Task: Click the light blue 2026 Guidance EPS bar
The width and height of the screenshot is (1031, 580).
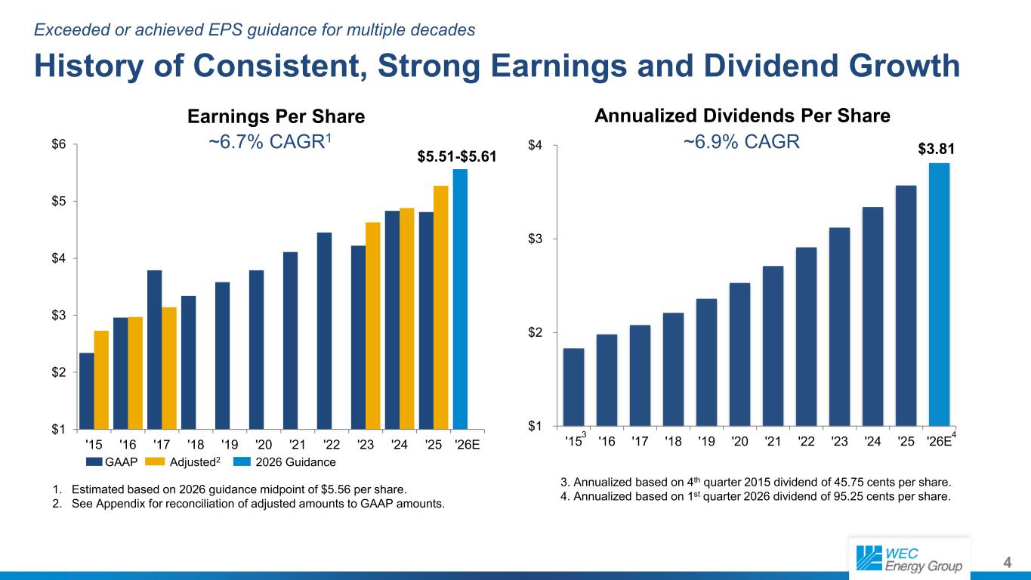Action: (460, 299)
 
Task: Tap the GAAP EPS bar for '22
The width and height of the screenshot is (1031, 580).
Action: (324, 331)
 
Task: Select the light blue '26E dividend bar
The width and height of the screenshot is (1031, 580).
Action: (939, 295)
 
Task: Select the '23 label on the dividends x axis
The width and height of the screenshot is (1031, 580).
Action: (839, 439)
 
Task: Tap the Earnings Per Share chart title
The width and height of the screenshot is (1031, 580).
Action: (276, 116)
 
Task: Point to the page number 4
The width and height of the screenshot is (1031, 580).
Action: (1007, 562)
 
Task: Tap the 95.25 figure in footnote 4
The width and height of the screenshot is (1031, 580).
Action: (857, 497)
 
